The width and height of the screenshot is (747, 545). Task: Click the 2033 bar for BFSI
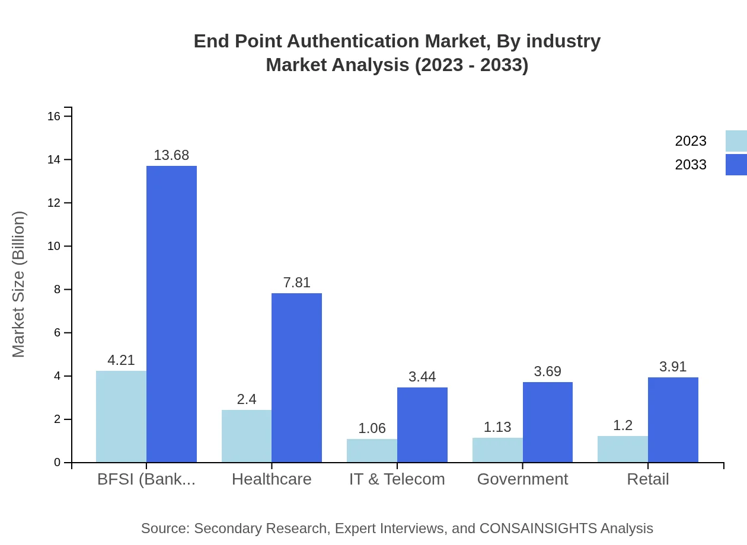coord(171,314)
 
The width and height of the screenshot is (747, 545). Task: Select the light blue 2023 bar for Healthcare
coord(247,436)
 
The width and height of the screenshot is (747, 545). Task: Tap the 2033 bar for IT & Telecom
coord(422,425)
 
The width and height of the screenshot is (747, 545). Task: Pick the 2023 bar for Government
coord(497,450)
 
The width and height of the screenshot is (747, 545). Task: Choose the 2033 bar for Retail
coord(673,419)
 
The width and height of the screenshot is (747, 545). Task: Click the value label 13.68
coord(171,155)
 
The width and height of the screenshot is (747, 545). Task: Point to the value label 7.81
coord(296,283)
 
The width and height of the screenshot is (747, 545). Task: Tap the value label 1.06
coord(372,428)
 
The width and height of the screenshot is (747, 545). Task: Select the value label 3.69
coord(547,371)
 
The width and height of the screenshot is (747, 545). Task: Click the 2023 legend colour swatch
coord(736,141)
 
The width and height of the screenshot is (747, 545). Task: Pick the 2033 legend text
coord(690,165)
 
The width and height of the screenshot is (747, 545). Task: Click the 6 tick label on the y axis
coord(58,333)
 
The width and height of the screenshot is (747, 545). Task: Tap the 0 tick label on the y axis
coord(58,463)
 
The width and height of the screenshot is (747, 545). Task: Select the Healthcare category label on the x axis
coord(272,479)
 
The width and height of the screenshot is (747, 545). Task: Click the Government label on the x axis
coord(522,479)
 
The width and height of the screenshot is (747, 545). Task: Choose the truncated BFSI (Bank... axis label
coord(146,479)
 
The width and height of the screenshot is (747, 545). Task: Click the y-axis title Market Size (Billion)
coord(19,284)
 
